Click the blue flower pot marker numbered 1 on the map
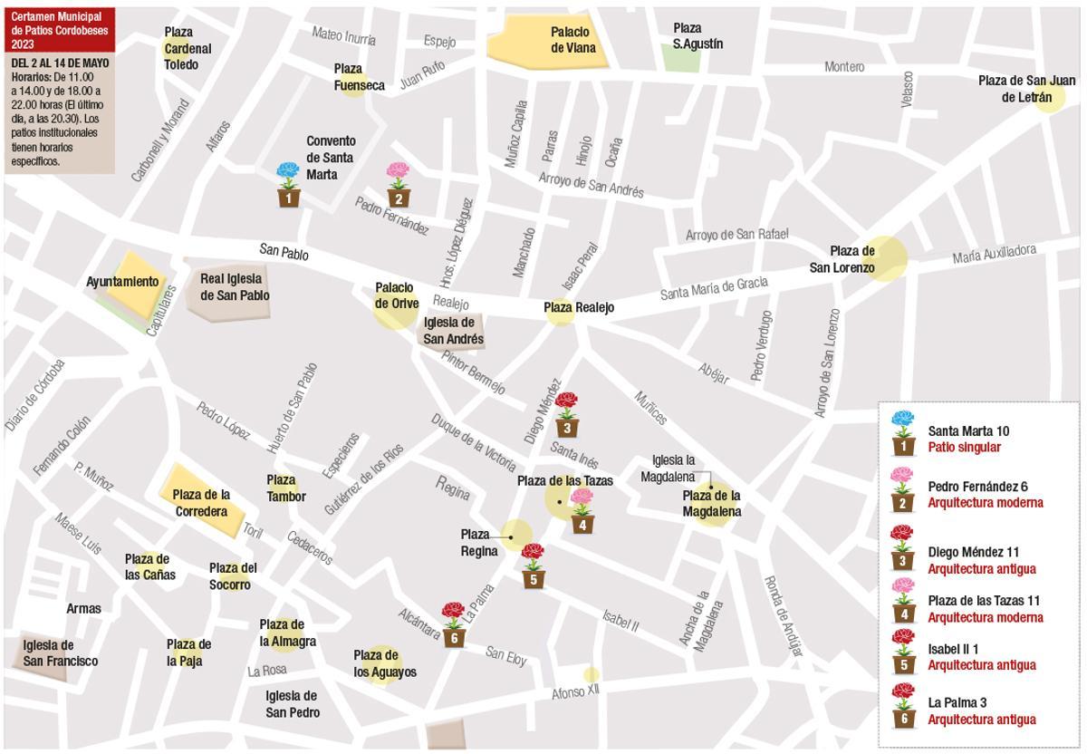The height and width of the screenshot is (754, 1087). coord(288,187)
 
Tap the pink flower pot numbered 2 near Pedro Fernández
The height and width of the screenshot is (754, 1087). coord(398,187)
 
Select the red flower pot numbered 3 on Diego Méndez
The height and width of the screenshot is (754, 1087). coord(567,416)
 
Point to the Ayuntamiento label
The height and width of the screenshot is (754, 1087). coord(122,282)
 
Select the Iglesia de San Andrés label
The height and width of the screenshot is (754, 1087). coord(453,331)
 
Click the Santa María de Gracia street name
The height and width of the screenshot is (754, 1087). coord(714,288)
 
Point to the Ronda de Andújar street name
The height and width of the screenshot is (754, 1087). coord(783,616)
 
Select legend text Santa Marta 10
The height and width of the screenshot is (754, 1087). coord(967,431)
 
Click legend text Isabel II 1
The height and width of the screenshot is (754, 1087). coord(953,649)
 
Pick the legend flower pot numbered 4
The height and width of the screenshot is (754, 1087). coord(903,602)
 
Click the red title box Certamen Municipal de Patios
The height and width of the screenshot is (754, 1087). coord(59,30)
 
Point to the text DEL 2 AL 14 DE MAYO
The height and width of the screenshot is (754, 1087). coord(60,63)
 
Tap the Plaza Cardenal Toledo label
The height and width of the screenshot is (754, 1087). coord(188,48)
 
